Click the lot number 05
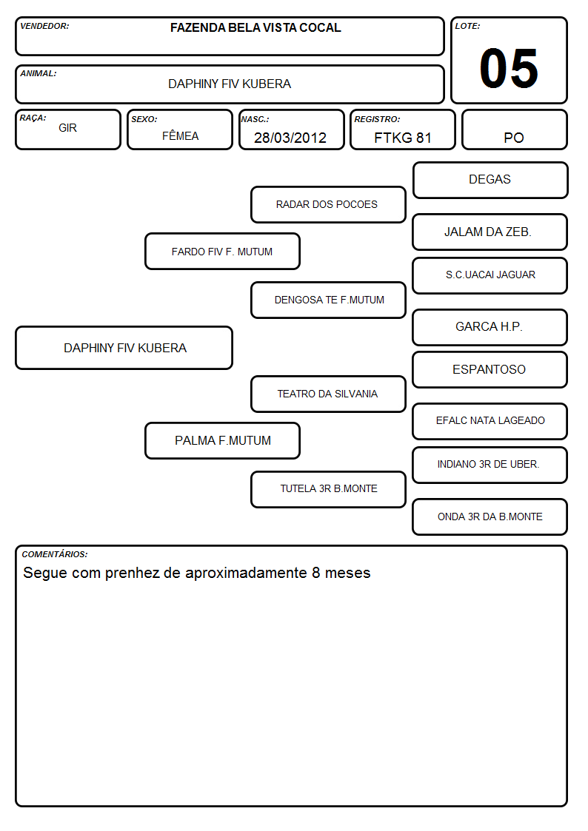509,68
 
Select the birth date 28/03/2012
290,138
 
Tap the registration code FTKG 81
402,138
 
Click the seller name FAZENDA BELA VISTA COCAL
255,27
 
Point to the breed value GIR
68,128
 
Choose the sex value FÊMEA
180,135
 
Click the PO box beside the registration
514,129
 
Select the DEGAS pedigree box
490,181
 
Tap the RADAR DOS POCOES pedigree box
328,204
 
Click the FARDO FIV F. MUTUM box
223,251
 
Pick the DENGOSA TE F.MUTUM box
328,300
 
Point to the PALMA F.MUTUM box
223,440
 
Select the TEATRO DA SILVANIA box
328,394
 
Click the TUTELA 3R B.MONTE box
328,489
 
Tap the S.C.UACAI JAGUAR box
490,275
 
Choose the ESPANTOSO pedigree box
490,369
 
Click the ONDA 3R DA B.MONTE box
490,517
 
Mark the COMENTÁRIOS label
55,554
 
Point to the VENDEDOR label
44,26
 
